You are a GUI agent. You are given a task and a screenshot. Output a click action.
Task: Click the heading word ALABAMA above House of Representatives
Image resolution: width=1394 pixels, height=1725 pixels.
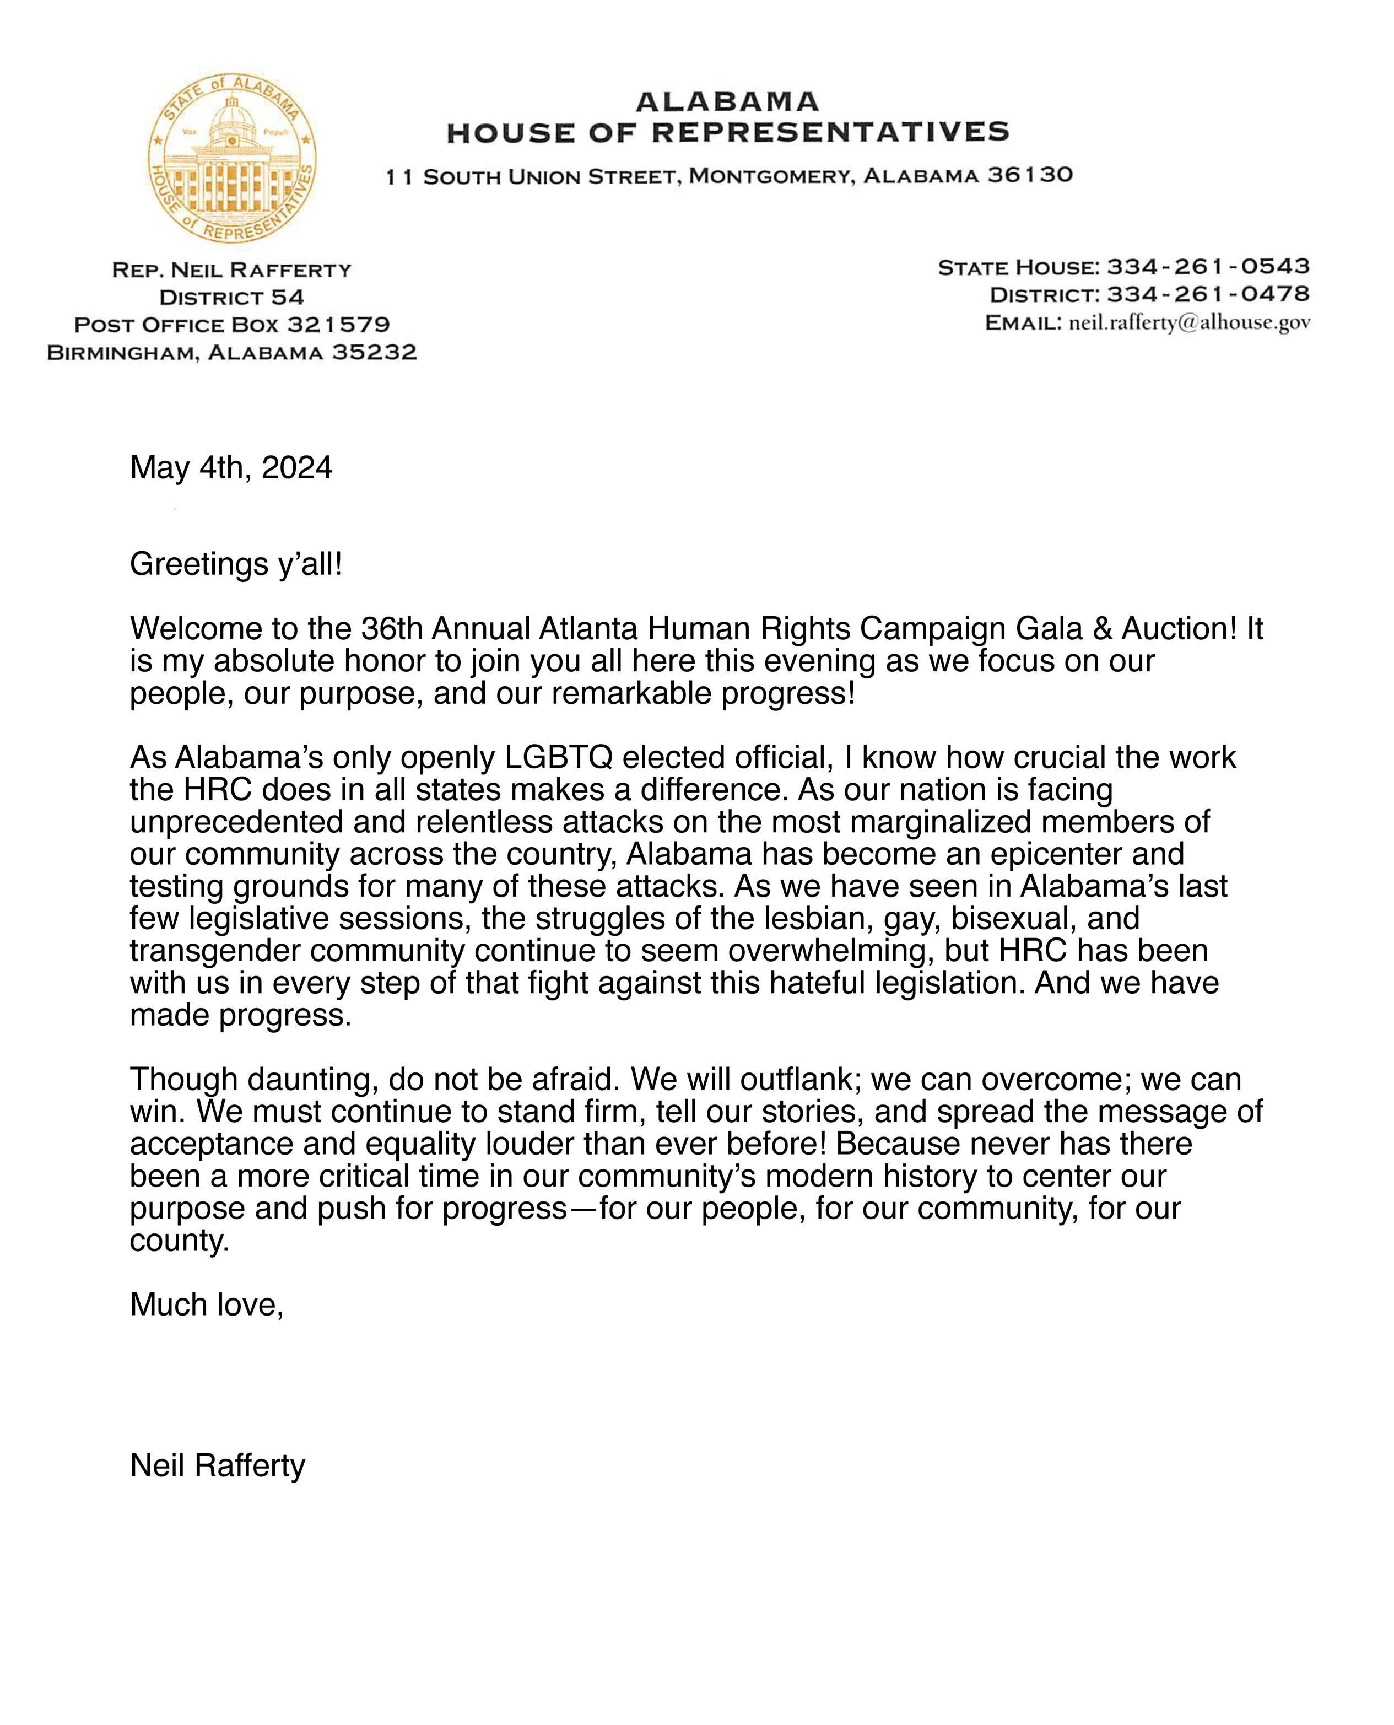pyautogui.click(x=727, y=102)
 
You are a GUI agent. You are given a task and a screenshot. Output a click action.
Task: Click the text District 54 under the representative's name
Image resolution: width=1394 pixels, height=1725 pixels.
pyautogui.click(x=232, y=297)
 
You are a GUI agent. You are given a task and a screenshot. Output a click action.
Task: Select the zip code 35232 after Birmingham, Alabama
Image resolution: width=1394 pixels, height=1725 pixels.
pyautogui.click(x=374, y=353)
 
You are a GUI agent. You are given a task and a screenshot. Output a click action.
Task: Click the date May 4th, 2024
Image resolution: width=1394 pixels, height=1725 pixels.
pyautogui.click(x=230, y=467)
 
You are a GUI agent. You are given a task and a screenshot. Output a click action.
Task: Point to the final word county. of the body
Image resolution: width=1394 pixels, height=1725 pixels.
pyautogui.click(x=180, y=1241)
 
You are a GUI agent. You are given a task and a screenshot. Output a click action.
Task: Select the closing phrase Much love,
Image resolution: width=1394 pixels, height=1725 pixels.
pyautogui.click(x=207, y=1305)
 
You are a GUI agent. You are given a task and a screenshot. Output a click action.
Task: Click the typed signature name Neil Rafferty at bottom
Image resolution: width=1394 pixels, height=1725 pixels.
pyautogui.click(x=218, y=1465)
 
